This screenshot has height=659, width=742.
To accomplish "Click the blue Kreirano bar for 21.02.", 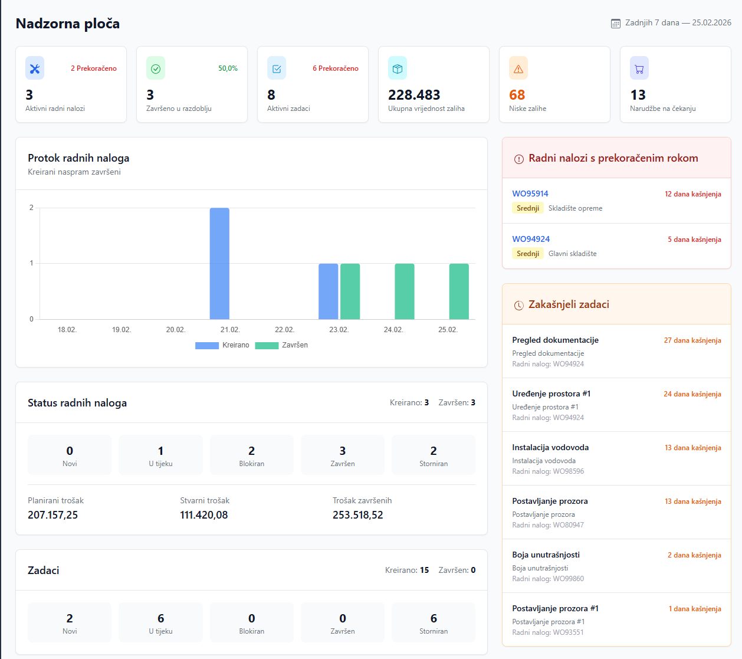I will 219,263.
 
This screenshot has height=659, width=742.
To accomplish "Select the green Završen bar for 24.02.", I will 405,291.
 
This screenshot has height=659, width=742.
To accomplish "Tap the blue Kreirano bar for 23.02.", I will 329,291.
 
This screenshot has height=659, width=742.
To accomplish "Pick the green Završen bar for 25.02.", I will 459,291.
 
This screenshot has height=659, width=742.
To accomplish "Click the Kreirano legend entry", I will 222,345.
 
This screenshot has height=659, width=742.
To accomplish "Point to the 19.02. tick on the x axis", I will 122,330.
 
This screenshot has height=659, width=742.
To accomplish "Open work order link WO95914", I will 530,194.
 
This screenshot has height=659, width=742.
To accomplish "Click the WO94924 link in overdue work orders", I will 531,239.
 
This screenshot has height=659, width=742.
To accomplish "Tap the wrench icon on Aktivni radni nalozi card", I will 35,68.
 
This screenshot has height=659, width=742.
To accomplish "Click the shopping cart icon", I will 639,68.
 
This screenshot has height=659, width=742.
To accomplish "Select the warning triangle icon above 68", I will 518,68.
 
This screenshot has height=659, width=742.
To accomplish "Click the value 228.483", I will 414,95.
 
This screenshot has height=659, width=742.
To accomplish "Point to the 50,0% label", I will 228,68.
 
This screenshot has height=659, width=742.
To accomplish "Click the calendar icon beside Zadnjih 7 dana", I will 615,24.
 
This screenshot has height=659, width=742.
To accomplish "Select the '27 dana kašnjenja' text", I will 692,340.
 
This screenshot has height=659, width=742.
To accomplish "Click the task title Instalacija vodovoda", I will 550,447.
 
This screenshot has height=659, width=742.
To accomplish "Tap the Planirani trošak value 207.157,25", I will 53,515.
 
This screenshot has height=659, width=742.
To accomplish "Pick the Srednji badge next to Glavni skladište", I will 528,254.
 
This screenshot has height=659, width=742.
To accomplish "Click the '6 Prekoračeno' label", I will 336,68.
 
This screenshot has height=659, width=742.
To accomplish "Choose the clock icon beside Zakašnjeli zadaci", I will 518,305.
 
